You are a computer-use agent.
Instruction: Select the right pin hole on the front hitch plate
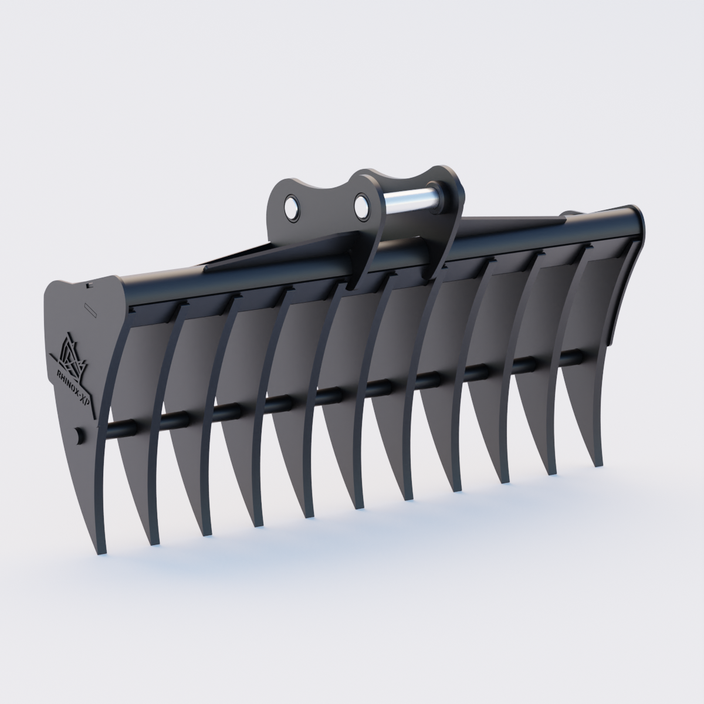[x=362, y=205]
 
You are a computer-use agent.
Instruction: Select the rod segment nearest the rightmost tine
[x=567, y=357]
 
